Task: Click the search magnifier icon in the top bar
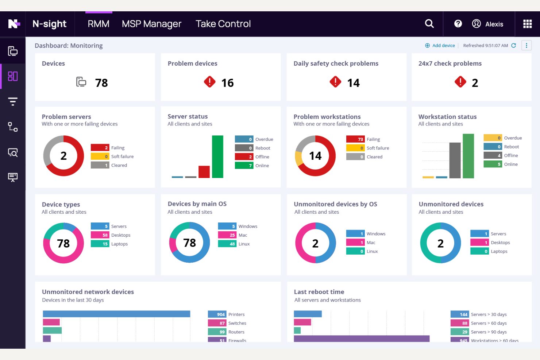[429, 24]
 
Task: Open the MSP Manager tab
[151, 24]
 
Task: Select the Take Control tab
[223, 24]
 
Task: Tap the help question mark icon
[458, 24]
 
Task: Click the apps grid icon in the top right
[527, 24]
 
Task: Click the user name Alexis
[494, 24]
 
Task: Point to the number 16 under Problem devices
[227, 83]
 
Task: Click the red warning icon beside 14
[335, 82]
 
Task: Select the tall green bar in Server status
[217, 156]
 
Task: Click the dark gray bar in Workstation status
[455, 160]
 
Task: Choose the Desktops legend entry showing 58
[111, 235]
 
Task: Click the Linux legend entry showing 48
[234, 244]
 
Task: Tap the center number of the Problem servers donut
[63, 156]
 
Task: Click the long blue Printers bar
[116, 314]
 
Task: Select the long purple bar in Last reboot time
[361, 338]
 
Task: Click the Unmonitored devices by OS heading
[335, 204]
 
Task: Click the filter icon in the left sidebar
[13, 101]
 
